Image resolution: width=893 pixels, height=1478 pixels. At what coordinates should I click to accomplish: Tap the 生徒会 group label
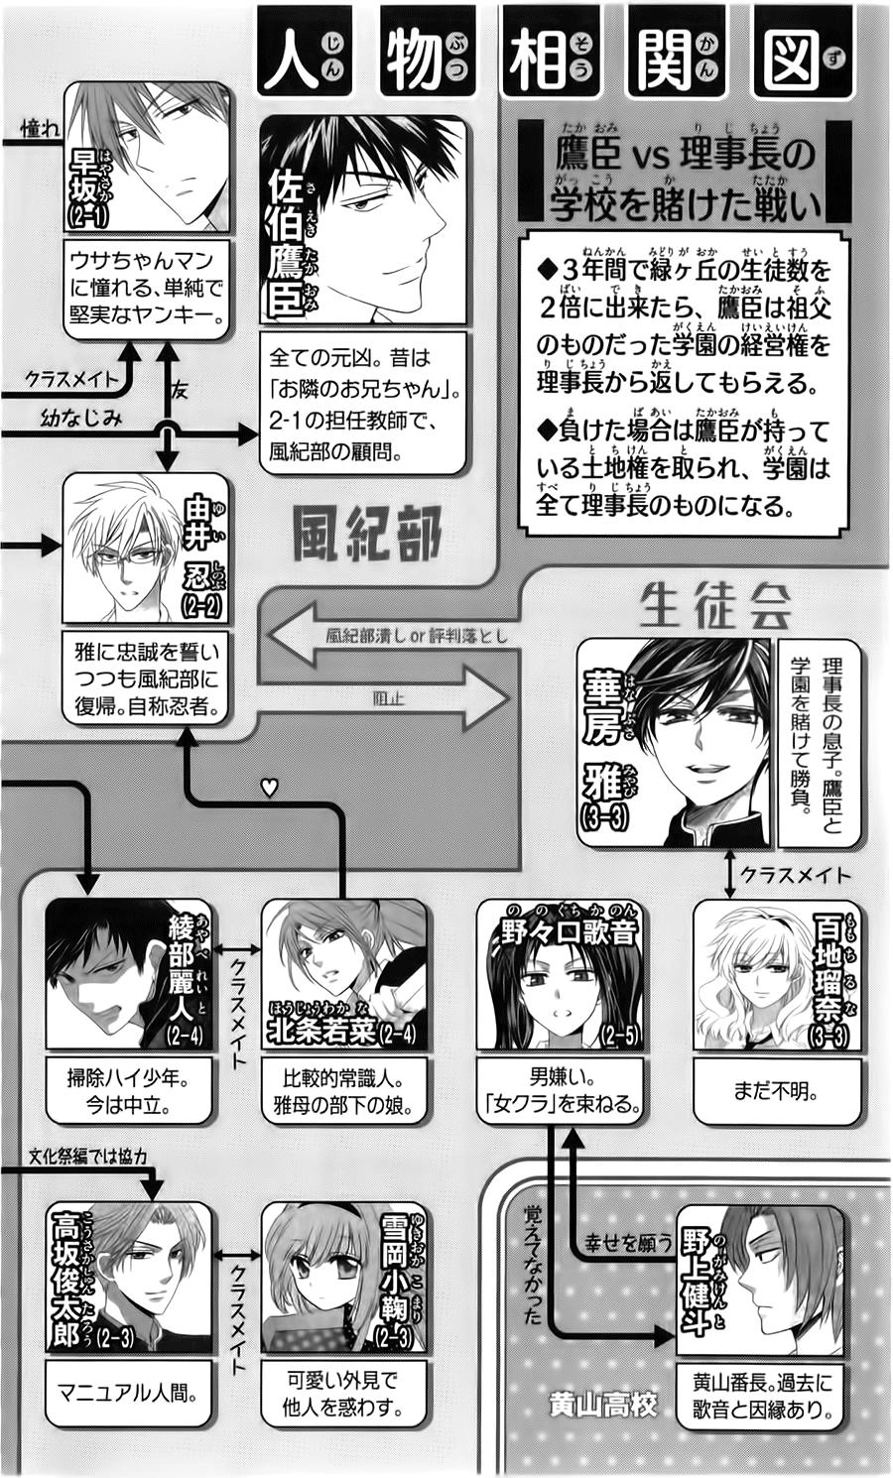(x=715, y=604)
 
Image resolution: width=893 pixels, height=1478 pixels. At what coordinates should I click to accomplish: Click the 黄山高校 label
(x=602, y=1405)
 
